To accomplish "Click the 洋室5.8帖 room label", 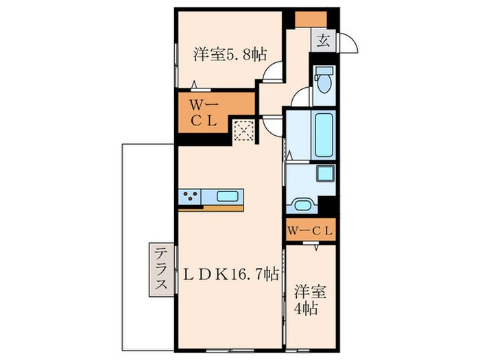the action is [x=230, y=55].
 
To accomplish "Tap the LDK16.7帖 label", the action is [x=232, y=274].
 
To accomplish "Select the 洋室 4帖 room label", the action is [x=309, y=300].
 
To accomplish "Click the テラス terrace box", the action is [x=161, y=269].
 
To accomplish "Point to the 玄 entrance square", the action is [x=323, y=40].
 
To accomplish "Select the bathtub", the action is [x=324, y=134].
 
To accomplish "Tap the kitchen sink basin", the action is [x=228, y=196].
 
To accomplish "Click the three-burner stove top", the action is [x=190, y=196].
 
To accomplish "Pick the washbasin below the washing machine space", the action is [x=302, y=204].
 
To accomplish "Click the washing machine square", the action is [x=325, y=173].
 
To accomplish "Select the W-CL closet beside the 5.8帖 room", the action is [x=204, y=113].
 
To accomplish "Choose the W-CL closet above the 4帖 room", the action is [x=311, y=230].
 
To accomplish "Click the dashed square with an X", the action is [x=243, y=131].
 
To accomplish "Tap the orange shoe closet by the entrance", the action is [x=311, y=19].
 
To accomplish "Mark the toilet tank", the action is [x=324, y=71].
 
